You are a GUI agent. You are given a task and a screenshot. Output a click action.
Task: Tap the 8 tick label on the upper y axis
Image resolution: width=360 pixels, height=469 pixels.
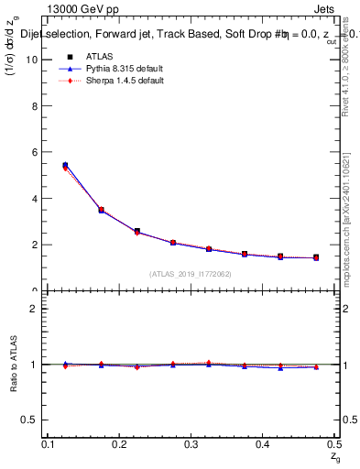[x=35, y=105]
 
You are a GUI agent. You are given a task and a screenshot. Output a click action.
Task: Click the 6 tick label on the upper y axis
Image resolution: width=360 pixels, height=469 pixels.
[x=35, y=152]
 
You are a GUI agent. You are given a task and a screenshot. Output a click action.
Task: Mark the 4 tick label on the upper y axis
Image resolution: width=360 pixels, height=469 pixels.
[x=35, y=199]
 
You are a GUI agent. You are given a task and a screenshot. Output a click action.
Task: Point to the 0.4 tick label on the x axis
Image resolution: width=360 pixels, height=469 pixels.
[x=264, y=444]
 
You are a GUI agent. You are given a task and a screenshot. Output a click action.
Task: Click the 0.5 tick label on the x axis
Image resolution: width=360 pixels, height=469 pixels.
[x=334, y=444]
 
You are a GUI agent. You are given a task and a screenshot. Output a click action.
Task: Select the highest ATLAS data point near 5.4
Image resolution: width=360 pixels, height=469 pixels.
[x=65, y=166]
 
